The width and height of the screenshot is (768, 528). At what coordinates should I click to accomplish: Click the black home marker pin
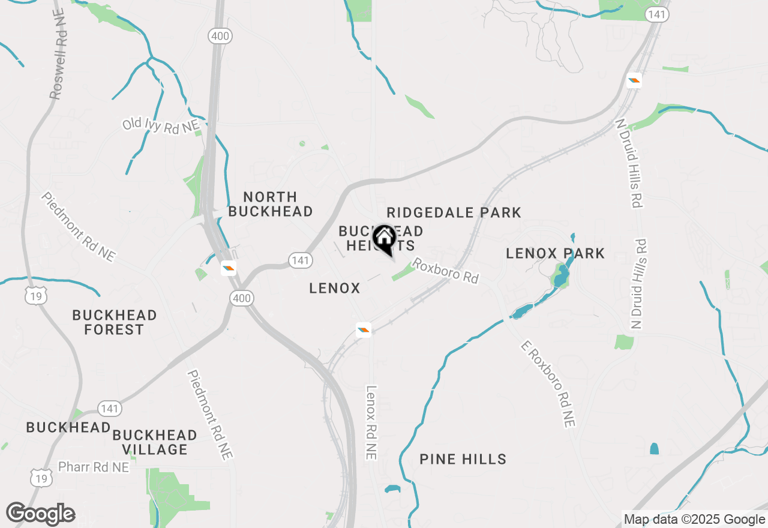click(384, 239)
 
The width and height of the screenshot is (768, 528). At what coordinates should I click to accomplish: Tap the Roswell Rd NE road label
click(58, 54)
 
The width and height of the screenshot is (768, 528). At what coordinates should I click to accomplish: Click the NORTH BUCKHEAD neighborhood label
click(271, 204)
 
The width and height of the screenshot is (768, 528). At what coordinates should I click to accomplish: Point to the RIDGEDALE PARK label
click(454, 212)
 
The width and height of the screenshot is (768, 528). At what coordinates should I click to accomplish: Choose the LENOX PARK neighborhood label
click(555, 253)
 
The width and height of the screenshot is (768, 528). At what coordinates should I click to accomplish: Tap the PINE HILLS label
click(463, 460)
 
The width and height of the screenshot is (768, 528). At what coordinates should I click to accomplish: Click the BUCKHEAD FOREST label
click(114, 322)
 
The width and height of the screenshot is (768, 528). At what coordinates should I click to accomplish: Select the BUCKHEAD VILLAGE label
click(155, 442)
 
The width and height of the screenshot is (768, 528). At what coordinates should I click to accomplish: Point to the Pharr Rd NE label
click(94, 467)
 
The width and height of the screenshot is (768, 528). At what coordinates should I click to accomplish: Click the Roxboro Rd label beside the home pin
click(445, 271)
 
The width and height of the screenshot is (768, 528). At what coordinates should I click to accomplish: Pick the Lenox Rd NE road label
click(372, 422)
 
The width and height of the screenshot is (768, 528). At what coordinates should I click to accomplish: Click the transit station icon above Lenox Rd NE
click(364, 329)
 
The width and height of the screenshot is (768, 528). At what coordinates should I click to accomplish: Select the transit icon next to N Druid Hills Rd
click(634, 80)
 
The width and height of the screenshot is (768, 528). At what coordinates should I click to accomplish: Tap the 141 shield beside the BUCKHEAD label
click(110, 409)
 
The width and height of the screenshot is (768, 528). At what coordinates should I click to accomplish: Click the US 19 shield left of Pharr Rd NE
click(40, 478)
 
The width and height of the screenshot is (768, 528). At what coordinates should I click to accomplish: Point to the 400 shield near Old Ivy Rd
click(220, 37)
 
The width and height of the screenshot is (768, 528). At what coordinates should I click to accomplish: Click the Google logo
click(40, 514)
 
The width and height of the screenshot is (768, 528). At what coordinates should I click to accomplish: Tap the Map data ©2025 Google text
click(694, 520)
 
